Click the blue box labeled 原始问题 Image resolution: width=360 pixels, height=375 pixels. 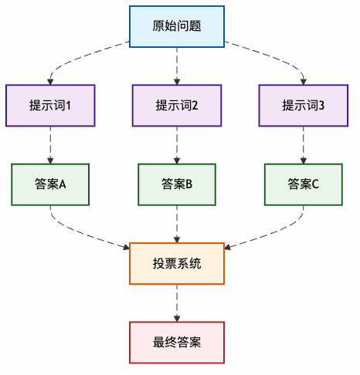click(177, 26)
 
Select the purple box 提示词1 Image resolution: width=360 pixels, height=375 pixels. click(50, 105)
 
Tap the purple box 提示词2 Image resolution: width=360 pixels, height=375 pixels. click(177, 105)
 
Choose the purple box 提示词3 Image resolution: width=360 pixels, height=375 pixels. click(304, 105)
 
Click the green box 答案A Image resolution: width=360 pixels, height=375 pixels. click(50, 184)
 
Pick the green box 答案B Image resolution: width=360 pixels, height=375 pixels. click(177, 184)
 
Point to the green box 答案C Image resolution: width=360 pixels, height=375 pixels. click(304, 184)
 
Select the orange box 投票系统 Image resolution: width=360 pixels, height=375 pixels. click(177, 263)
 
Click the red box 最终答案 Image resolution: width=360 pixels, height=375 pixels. click(177, 342)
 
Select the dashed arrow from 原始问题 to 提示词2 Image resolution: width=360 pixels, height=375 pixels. click(177, 66)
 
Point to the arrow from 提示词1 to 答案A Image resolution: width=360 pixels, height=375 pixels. click(50, 144)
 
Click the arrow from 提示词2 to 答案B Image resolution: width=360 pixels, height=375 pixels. click(177, 144)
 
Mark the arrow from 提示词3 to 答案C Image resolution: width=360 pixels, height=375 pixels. click(304, 144)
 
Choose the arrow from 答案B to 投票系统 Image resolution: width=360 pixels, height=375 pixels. click(177, 224)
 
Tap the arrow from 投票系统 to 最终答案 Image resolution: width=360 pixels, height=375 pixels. click(177, 302)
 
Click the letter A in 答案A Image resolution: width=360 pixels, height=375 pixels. click(63, 184)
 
